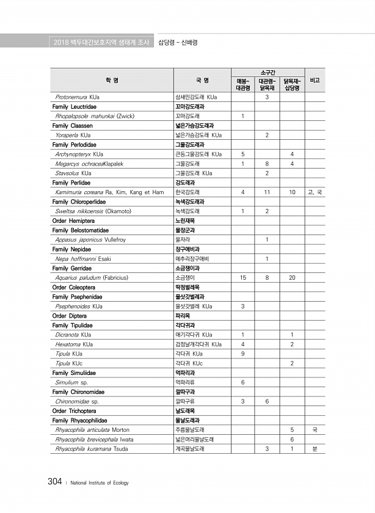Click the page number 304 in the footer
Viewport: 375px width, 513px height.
[54, 482]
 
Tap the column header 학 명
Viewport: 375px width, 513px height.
[112, 80]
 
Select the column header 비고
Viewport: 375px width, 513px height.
[315, 80]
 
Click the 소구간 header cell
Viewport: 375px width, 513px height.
[267, 73]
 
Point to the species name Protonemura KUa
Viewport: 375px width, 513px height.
[77, 97]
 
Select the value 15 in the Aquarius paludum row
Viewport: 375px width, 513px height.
[243, 277]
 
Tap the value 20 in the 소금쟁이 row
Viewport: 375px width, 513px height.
[293, 277]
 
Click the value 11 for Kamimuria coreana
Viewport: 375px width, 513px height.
[268, 192]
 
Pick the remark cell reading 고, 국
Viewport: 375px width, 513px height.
[315, 192]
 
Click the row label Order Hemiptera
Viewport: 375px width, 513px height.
[73, 220]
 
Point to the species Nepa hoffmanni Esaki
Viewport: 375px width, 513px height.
[82, 258]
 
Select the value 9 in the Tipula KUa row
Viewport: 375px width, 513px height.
[243, 354]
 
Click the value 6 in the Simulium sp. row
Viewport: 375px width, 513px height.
[243, 382]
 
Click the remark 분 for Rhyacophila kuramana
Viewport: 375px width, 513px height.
[315, 449]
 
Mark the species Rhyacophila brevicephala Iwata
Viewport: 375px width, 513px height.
[94, 439]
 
